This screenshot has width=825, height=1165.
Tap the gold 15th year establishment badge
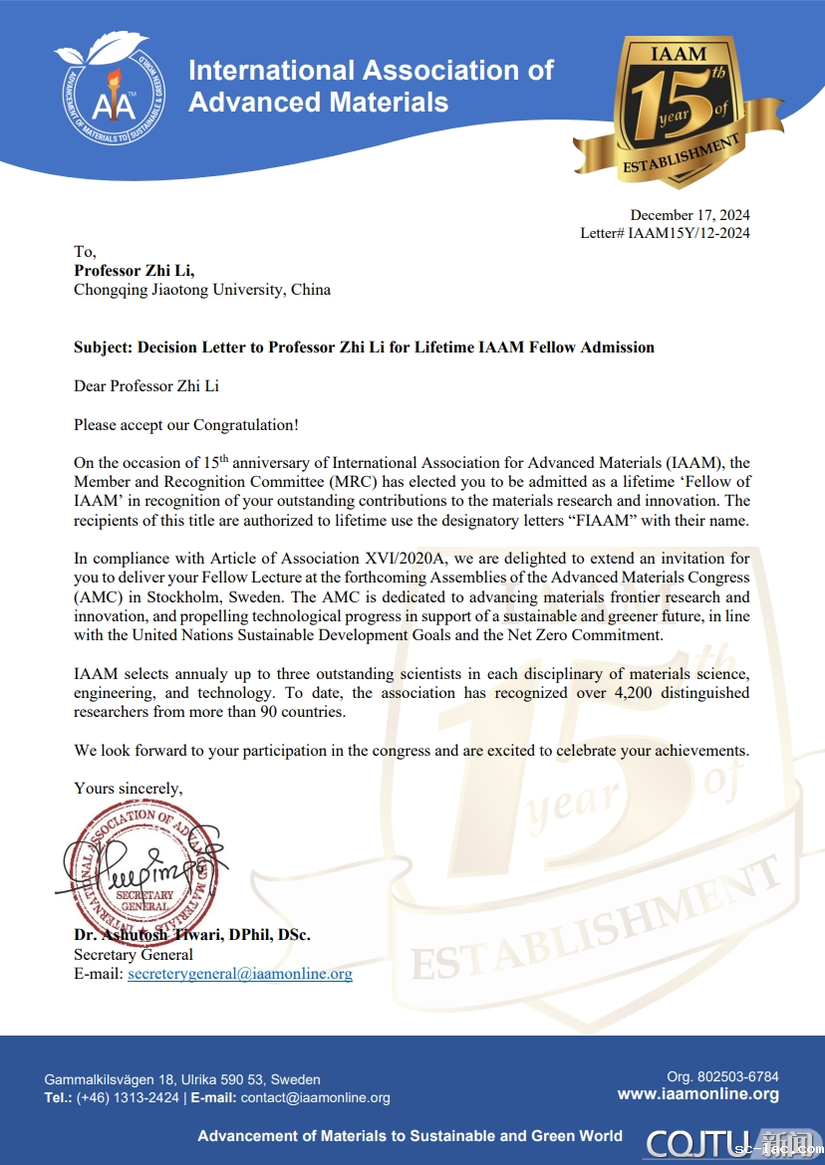tap(678, 112)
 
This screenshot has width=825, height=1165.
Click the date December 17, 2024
tap(689, 215)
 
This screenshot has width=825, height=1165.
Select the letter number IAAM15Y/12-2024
tap(687, 233)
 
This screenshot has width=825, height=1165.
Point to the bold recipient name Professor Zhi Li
tap(135, 271)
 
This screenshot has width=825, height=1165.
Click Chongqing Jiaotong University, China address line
tap(202, 290)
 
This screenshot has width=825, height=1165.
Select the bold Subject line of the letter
tap(364, 348)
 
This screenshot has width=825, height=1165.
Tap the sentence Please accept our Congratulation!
tap(186, 424)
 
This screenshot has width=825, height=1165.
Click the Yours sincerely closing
tap(128, 788)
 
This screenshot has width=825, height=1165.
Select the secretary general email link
tap(240, 974)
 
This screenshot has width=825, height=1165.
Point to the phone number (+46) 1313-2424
tap(128, 1097)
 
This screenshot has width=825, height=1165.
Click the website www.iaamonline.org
tap(697, 1094)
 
